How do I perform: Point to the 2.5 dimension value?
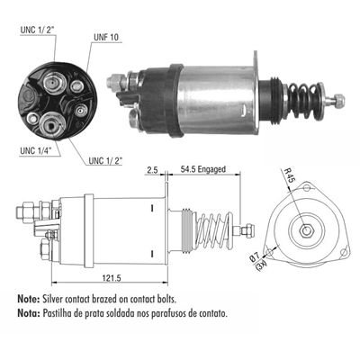click(x=152, y=168)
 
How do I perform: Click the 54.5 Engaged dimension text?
click(x=204, y=168)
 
